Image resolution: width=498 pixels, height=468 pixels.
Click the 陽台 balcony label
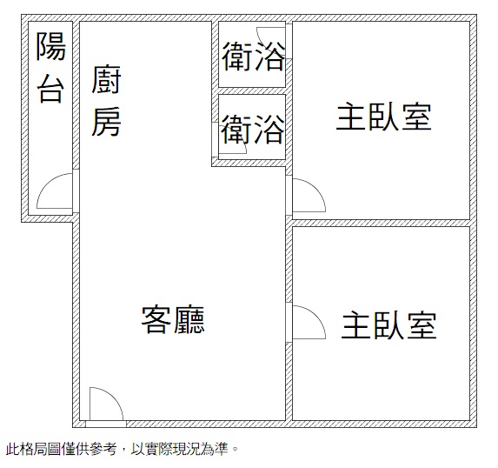(50, 68)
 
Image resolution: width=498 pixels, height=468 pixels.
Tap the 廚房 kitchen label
(106, 101)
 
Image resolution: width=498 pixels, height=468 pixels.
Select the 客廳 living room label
(173, 319)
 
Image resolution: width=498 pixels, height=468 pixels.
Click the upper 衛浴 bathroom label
(253, 57)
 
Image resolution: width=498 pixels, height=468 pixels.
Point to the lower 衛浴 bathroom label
(253, 129)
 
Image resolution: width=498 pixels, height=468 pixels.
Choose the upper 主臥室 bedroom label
(384, 117)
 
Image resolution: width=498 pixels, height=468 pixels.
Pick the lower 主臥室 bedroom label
(389, 325)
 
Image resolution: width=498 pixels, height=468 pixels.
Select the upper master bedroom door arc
(316, 188)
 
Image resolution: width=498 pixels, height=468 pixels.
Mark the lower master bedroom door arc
(316, 316)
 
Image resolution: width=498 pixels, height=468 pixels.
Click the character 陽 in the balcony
(50, 46)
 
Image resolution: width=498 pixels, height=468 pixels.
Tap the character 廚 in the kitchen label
(106, 79)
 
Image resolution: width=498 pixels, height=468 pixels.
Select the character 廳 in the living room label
(189, 319)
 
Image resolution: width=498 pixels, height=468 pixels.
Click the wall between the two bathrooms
(252, 91)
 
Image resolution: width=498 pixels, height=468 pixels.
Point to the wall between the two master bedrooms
(382, 223)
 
